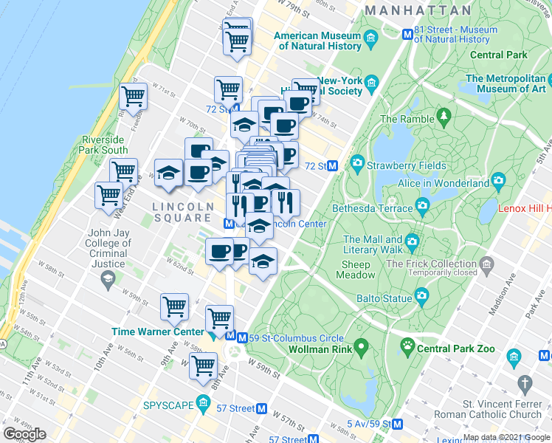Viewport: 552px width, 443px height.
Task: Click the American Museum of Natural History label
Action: pos(317,41)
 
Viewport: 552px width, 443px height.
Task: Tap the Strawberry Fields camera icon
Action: pos(358,162)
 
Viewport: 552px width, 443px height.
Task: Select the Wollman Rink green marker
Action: pos(361,346)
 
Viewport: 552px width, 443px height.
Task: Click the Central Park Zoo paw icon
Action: pos(407,345)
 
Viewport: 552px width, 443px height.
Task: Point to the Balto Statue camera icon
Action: pos(421,297)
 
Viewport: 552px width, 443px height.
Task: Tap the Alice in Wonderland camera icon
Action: pos(498,181)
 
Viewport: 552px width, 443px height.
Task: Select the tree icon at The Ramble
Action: pos(444,115)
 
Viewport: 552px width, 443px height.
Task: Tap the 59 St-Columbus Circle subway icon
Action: pos(231,336)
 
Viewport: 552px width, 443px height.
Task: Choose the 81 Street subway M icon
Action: pos(407,34)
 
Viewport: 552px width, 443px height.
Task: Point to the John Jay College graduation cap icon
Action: pos(108,278)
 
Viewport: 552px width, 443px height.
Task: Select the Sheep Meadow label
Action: pos(357,269)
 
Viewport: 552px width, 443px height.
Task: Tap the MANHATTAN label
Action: pos(418,10)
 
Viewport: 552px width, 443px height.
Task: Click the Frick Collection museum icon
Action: pos(486,264)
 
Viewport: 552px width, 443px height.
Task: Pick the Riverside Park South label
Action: pos(106,145)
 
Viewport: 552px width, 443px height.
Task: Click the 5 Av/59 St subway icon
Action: pos(398,425)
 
